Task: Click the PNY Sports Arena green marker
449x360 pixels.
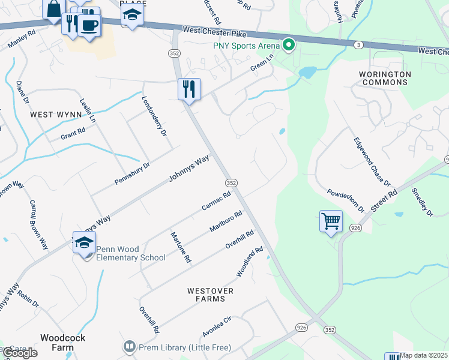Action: (289, 45)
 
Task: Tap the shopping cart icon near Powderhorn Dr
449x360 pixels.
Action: (331, 221)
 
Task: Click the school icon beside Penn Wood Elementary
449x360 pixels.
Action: (85, 242)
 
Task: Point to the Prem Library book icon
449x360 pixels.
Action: (128, 347)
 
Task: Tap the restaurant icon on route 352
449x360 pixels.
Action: (189, 89)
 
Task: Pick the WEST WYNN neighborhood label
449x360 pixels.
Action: (55, 114)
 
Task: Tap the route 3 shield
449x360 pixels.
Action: (358, 45)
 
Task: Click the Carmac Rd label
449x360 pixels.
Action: (216, 201)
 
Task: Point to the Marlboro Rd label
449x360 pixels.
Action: (226, 221)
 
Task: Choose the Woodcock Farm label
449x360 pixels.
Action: (62, 343)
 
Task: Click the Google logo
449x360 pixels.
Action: (20, 353)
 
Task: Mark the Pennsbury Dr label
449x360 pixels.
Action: (132, 173)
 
